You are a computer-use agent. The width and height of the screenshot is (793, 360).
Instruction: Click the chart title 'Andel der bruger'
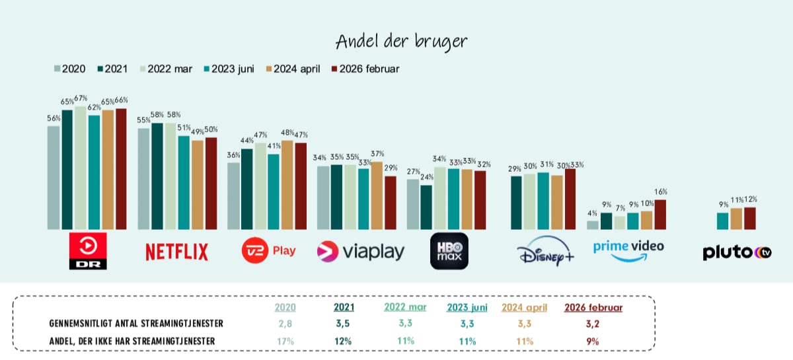coord(401,41)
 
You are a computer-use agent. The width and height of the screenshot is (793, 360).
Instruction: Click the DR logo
coord(88,251)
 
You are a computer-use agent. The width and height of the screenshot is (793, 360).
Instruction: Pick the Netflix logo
coord(176,252)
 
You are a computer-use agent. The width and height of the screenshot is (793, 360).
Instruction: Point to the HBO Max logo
coord(449,251)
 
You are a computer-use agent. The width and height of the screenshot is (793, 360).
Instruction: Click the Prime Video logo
coord(628,250)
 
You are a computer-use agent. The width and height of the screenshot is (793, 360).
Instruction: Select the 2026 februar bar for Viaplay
coord(391,203)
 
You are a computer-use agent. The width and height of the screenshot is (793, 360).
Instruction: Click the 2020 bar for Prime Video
coord(593,225)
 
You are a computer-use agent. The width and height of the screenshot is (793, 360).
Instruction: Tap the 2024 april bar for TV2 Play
coord(287,185)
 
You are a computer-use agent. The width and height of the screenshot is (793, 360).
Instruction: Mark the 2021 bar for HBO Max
coord(426,207)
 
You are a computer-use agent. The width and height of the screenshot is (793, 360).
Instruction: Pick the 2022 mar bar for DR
coord(81,168)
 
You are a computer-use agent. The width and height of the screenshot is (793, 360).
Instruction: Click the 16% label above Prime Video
coord(660,192)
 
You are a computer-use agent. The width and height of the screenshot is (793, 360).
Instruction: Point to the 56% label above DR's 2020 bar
coord(54,118)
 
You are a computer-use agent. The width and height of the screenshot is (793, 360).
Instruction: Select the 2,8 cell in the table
coord(285,324)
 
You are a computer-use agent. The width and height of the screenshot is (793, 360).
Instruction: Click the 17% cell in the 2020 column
coord(285,341)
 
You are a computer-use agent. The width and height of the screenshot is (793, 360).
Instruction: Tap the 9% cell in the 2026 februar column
coord(593,341)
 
